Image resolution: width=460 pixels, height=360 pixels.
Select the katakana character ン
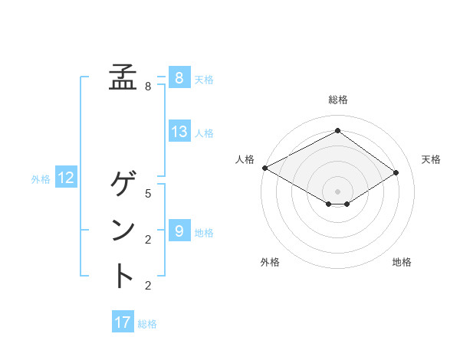coord(123,230)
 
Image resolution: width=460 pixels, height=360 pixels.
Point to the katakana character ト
coord(123,276)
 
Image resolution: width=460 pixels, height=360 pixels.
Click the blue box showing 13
coord(179,131)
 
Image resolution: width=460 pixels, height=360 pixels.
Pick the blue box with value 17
coord(123,322)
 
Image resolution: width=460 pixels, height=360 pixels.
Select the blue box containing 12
coord(66,178)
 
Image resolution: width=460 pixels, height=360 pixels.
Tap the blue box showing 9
coord(179,231)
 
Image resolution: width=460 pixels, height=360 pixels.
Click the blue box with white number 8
coord(179,77)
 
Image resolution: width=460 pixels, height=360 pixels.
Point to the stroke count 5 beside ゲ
coord(148,193)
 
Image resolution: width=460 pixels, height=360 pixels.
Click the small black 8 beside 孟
coord(148,87)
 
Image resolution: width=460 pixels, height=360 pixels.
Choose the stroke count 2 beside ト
coord(148,286)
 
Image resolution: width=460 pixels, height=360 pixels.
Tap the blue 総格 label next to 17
coord(147,324)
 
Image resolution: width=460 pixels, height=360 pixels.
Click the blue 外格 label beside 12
coord(41,179)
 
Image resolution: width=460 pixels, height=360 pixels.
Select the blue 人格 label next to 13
coord(204,133)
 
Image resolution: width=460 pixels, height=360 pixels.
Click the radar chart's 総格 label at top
coord(337,100)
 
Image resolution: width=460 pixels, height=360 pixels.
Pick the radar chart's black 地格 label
coord(402,262)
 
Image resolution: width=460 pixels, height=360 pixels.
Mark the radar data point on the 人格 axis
coord(264,168)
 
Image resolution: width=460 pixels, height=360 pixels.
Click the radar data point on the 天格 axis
coord(396,172)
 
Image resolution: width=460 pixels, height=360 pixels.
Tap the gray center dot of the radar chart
coord(337,191)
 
